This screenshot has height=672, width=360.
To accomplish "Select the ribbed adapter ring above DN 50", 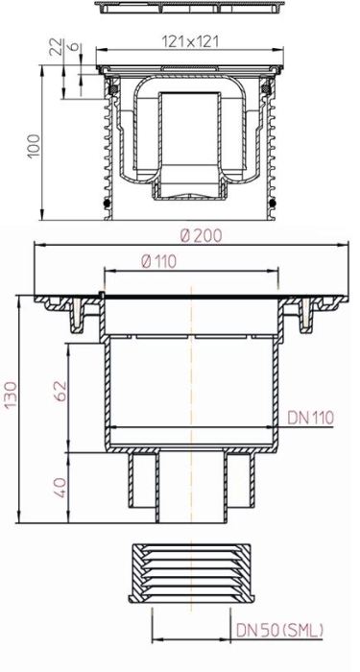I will pyautogui.click(x=192, y=573).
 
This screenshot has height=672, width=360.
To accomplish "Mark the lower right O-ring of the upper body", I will pyautogui.click(x=276, y=204).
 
